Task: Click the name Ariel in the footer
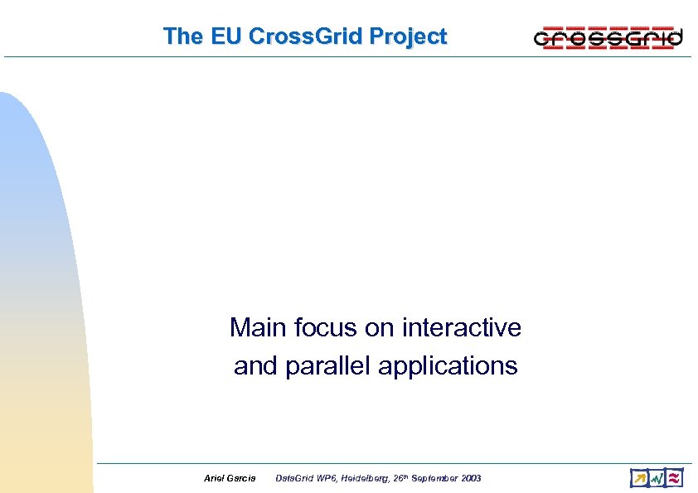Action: tap(213, 479)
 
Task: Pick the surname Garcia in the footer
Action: tap(242, 479)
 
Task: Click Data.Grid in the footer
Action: tap(293, 479)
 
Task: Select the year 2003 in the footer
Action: tap(470, 479)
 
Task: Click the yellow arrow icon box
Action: tap(638, 478)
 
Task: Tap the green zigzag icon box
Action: tap(657, 478)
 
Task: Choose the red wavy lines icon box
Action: tap(675, 478)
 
